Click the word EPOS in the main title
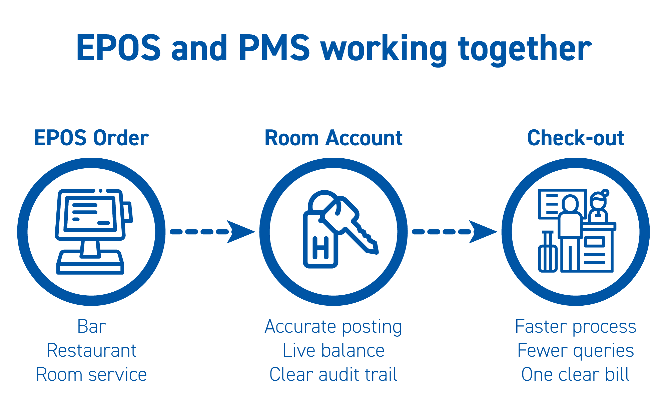coord(118,48)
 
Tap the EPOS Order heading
coord(91,138)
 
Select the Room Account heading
coord(333,138)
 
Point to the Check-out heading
coord(576,138)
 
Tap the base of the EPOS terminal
coord(90,263)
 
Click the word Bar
coord(92,326)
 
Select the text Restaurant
coord(91,351)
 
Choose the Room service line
coord(91,375)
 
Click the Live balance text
coord(333,351)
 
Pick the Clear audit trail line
coord(333,375)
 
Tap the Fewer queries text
coord(576,351)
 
